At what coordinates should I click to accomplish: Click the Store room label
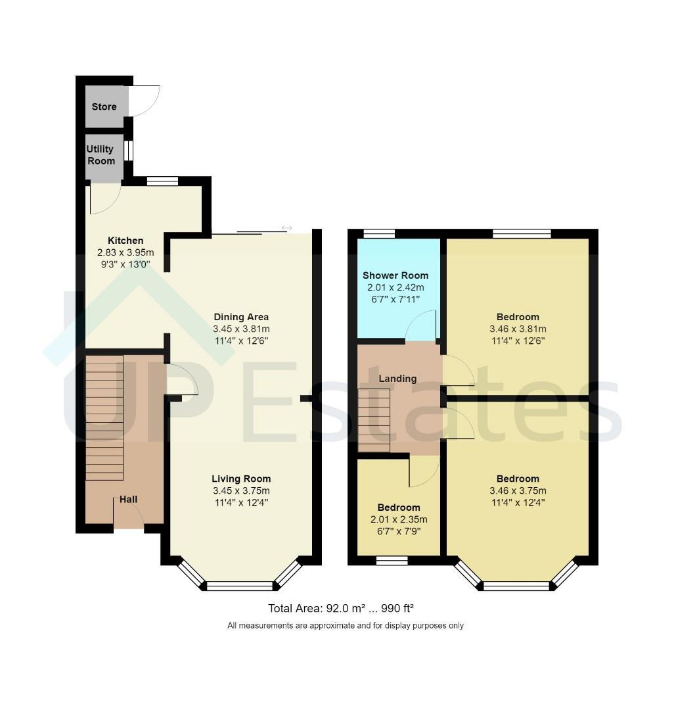[x=104, y=107]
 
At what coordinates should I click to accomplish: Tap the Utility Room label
[x=101, y=155]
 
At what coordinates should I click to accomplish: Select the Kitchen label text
[x=125, y=241]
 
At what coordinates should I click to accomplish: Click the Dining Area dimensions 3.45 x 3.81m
[x=241, y=329]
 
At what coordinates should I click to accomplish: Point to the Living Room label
[x=241, y=479]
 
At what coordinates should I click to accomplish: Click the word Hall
[x=129, y=500]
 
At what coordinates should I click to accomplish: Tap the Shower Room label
[x=395, y=275]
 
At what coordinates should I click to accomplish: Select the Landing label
[x=397, y=379]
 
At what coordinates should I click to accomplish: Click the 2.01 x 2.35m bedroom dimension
[x=399, y=519]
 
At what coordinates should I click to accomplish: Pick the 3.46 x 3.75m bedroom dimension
[x=518, y=490]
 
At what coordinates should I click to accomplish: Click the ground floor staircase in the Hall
[x=104, y=417]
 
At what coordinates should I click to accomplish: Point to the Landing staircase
[x=374, y=420]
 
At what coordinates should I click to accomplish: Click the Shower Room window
[x=379, y=233]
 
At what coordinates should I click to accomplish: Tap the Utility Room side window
[x=129, y=151]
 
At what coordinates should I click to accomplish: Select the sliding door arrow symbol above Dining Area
[x=286, y=227]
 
